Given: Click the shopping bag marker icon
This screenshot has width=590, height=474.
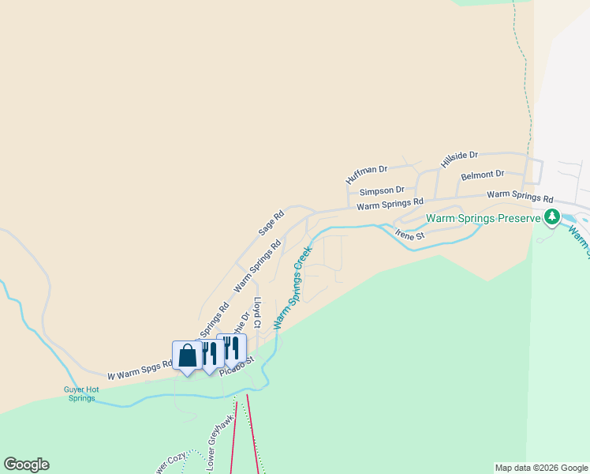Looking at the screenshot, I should coord(187,356).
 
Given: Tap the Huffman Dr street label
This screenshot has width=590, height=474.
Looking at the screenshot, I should coord(368,175).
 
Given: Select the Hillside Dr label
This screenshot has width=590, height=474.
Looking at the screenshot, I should coord(460,160).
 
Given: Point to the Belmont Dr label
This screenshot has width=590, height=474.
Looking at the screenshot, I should coord(482,174).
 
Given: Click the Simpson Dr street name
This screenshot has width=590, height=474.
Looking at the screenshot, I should coord(382,190).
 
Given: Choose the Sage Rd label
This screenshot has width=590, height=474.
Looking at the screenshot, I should coord(271,224).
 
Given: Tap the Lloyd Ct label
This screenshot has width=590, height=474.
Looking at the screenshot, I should coord(257,313).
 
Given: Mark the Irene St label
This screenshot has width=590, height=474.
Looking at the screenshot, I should coord(410,235).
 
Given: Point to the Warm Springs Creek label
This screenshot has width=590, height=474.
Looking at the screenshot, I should coord(293,288).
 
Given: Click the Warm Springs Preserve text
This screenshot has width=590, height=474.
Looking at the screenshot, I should coord(483,218).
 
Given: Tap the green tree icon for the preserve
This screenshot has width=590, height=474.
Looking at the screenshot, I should coord(552,216).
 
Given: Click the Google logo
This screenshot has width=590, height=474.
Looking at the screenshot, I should coord(26,464).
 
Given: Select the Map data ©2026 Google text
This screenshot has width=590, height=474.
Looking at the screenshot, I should coord(541,468).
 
